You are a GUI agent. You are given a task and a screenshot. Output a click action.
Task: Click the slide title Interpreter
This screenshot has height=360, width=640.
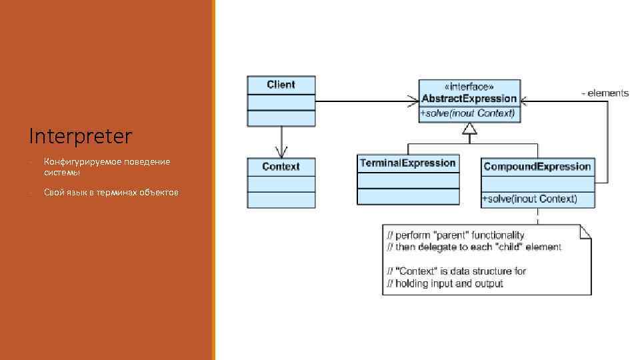point(81,137)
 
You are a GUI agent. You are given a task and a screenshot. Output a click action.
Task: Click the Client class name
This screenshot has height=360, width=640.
point(281,85)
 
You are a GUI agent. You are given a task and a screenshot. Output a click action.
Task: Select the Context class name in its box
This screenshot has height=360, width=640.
point(281,166)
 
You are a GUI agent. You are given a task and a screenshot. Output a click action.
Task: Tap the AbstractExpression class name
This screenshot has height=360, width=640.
point(469,99)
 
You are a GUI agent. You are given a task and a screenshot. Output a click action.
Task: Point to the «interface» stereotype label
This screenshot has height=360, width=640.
point(469,87)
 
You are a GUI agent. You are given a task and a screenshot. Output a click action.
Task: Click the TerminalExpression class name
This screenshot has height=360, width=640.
point(408,163)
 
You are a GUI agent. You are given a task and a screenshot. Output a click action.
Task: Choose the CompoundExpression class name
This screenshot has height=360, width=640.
point(537,166)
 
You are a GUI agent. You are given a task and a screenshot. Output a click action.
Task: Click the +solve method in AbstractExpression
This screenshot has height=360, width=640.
point(468,113)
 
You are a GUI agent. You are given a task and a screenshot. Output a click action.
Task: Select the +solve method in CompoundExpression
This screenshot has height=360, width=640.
point(529,199)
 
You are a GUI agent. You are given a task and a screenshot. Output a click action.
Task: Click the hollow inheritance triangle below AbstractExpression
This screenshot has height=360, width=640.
point(470,129)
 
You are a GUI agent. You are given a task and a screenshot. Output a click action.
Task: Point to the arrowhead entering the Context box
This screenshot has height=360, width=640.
point(281,151)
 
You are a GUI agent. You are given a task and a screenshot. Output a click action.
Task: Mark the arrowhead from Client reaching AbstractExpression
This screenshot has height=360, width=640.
point(412,101)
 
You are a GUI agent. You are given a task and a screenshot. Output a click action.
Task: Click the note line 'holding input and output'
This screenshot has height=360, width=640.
point(445,283)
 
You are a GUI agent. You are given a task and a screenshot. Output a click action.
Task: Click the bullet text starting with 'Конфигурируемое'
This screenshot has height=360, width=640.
point(107,167)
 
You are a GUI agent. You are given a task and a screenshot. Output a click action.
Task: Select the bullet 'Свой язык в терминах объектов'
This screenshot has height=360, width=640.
point(111,193)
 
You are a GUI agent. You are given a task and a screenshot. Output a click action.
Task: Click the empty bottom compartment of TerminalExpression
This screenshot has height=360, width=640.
point(408,196)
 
